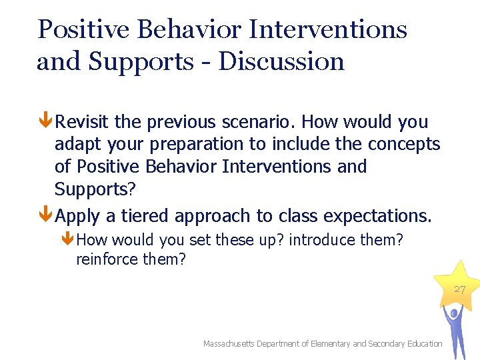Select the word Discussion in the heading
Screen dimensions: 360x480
[281, 61]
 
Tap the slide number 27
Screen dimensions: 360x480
[460, 289]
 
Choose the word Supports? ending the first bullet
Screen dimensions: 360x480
[95, 189]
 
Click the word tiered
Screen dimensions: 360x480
[198, 217]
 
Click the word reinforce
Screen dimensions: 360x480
[107, 259]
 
